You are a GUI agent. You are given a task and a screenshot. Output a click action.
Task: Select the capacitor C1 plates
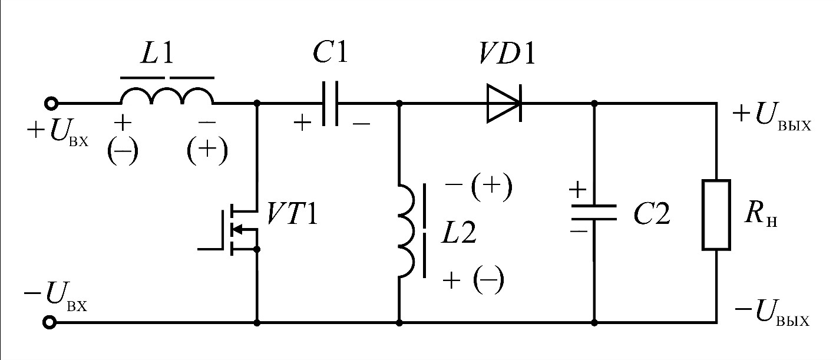pos(331,103)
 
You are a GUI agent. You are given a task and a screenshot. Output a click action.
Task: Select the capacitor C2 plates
pos(594,212)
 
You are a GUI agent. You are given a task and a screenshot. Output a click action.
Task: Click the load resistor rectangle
pos(716,214)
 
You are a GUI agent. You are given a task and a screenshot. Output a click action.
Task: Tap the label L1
pos(157,53)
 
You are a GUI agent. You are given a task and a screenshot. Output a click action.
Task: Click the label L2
pos(459,233)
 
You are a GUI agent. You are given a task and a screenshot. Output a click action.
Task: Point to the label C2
pos(652,214)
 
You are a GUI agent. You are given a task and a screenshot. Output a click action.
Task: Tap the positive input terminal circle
pos(51,103)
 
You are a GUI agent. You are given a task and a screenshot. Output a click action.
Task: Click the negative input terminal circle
pos(50,322)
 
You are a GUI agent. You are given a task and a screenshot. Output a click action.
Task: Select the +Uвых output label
pos(772,117)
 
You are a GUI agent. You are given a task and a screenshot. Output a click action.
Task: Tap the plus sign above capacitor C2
pos(577,190)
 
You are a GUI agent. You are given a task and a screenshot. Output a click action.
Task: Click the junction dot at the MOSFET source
pos(257,249)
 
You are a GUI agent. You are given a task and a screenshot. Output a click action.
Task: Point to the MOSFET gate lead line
pos(210,249)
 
